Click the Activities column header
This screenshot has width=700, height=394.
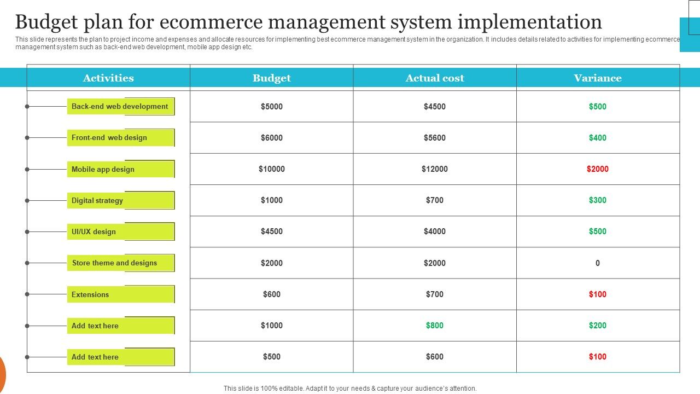coord(108,78)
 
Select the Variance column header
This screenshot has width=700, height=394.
coord(598,78)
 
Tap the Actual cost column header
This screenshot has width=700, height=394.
coord(435,78)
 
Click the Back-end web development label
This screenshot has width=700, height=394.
coord(120,107)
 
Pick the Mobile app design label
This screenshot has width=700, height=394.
coord(103,169)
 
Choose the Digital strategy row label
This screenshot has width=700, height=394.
coord(97,200)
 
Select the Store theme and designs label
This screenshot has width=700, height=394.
coord(114,263)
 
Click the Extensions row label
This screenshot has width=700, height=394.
coord(90,294)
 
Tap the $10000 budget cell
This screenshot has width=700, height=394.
coord(272,169)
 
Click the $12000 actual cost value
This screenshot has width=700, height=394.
coord(435,169)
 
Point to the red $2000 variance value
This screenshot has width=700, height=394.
coord(598,169)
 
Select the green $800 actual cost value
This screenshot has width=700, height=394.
coord(435,326)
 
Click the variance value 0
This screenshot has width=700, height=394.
coord(598,263)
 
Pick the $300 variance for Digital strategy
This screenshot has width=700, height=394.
coord(598,200)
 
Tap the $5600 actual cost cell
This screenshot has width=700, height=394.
coord(435,138)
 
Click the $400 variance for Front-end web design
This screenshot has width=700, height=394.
coord(598,138)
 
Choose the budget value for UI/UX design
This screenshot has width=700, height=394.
coord(272,231)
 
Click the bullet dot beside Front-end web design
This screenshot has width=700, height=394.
coord(27,138)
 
